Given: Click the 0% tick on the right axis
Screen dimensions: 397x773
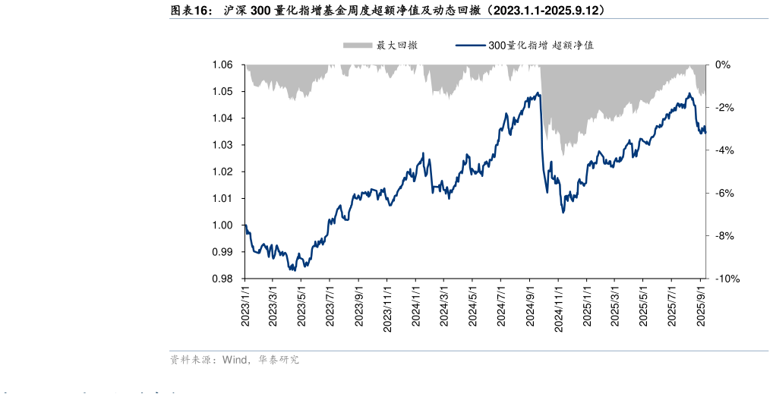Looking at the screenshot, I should point(723,65).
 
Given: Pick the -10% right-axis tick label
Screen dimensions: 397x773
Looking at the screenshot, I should point(727,279).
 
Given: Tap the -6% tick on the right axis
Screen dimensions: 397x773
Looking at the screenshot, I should point(725,194).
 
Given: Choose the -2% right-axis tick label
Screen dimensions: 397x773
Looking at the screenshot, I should point(725,108).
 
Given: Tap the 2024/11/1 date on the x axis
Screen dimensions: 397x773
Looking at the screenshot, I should point(558,307).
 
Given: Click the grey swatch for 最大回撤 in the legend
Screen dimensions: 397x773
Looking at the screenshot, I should point(358,46).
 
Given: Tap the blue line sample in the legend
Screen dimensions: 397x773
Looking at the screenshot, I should point(470,46).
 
